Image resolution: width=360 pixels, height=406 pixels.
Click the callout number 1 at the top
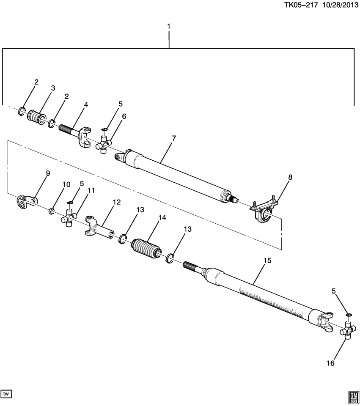[x=169, y=27]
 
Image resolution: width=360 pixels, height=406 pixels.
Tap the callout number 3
[x=53, y=88]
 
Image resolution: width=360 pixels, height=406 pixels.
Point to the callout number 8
[x=290, y=178]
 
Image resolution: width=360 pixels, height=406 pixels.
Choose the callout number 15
[x=267, y=261]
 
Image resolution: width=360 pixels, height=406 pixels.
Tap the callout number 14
[x=162, y=218]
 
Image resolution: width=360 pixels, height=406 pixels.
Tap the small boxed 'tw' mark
[x=6, y=394]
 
